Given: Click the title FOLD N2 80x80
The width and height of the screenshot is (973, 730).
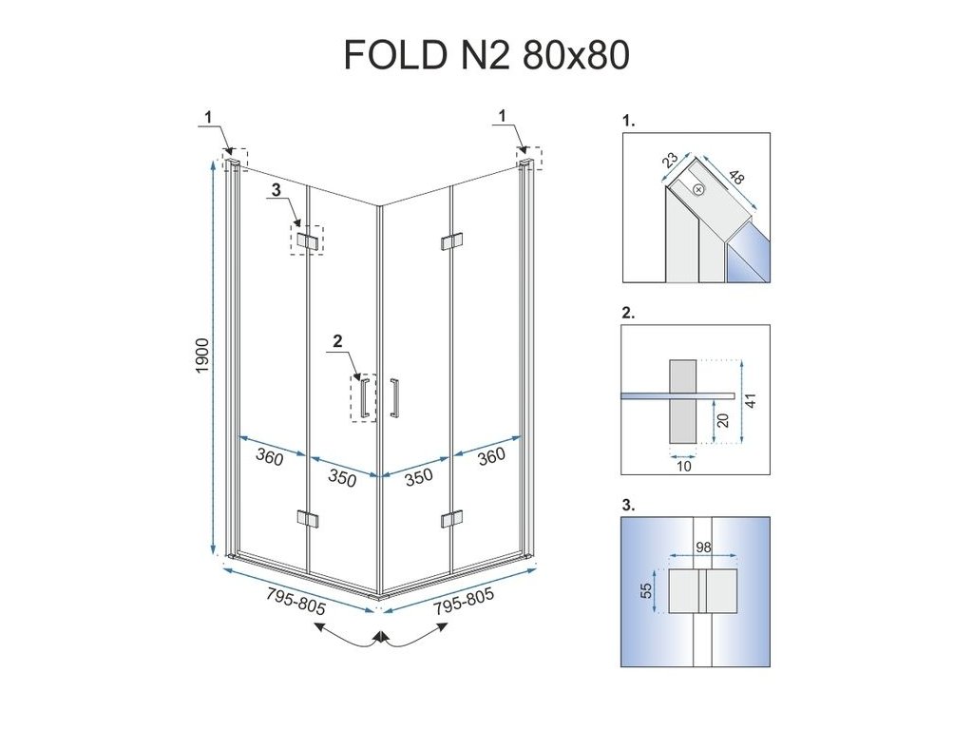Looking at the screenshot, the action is tap(486, 56).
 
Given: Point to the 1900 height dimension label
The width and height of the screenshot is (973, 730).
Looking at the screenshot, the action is tap(202, 356).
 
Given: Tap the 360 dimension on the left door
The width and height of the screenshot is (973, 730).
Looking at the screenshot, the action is tap(270, 458).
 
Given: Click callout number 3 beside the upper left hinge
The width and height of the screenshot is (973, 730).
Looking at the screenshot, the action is tap(277, 190).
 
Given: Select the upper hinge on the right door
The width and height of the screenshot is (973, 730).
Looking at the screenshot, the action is tap(451, 241).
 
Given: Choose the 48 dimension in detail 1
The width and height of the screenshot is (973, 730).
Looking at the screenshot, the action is tap(738, 180).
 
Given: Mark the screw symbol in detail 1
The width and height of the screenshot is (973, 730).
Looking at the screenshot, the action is tap(699, 189).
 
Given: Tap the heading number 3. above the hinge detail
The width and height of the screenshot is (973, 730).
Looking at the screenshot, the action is tap(628, 506).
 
